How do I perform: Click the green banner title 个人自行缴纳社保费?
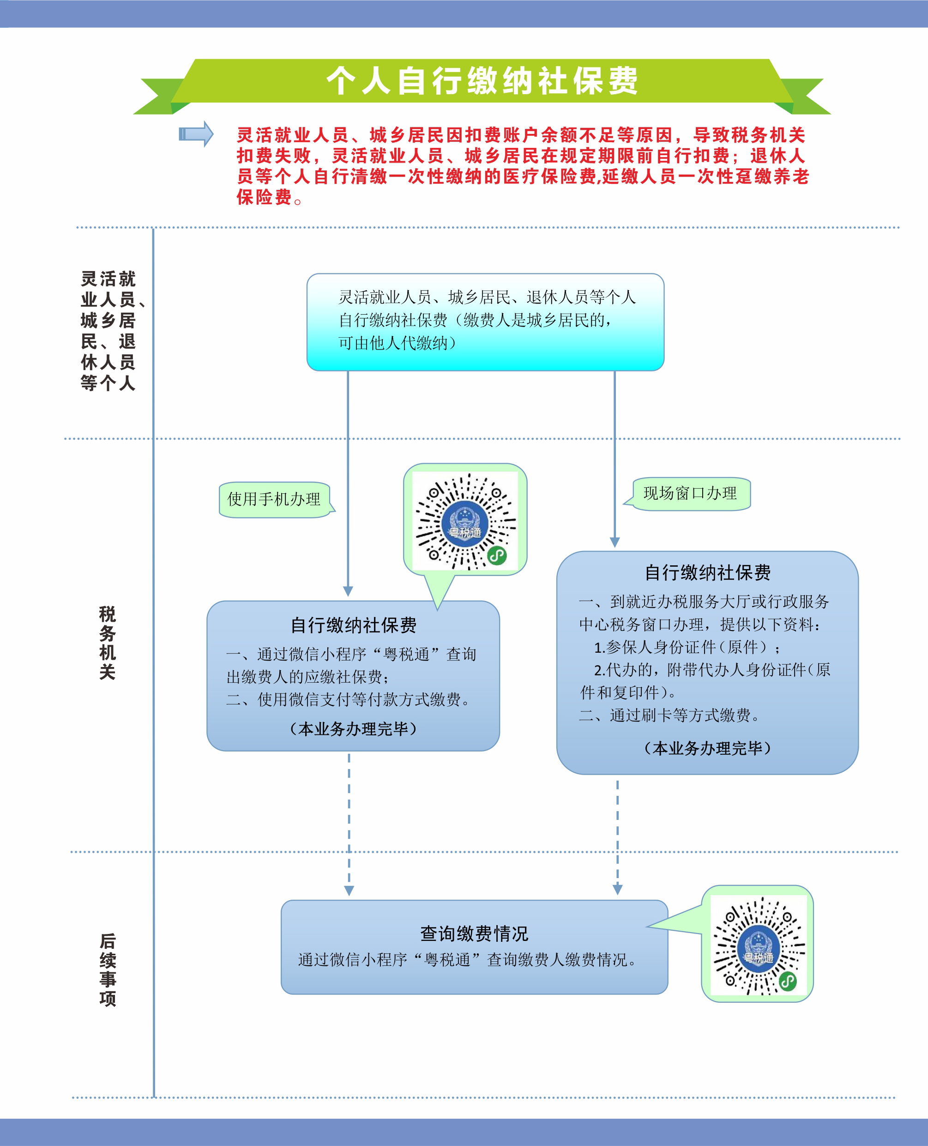click(x=482, y=81)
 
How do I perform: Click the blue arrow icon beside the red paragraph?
click(x=196, y=133)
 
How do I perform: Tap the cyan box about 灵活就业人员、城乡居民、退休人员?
click(x=485, y=322)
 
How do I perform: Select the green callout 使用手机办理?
click(x=275, y=499)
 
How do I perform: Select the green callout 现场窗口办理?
click(x=688, y=494)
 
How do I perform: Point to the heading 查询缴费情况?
click(x=474, y=934)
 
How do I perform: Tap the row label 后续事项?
click(x=108, y=970)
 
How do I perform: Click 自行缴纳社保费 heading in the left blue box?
click(x=353, y=625)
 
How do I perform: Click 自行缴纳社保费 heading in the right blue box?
click(x=708, y=573)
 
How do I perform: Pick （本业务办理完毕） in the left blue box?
click(x=353, y=729)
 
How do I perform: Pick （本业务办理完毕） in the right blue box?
click(x=708, y=748)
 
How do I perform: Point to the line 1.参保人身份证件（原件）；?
click(x=687, y=648)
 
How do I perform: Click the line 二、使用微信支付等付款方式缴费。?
click(x=349, y=700)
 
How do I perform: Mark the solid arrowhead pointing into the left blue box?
click(x=348, y=591)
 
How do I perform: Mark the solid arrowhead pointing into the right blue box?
click(x=615, y=542)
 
